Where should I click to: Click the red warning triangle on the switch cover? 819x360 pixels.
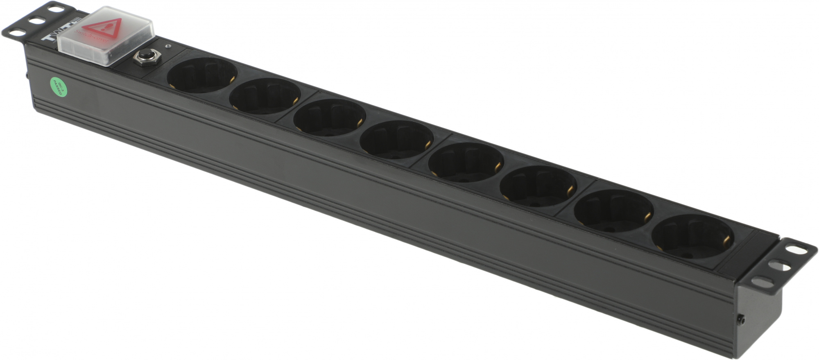tap(106, 28)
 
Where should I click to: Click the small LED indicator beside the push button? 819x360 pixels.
tap(167, 46)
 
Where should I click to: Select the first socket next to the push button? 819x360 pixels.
tap(202, 75)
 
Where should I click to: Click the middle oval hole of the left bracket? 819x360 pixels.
tap(37, 20)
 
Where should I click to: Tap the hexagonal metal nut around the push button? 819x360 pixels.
tap(146, 58)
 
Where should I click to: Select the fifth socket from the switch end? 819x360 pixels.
tap(466, 162)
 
